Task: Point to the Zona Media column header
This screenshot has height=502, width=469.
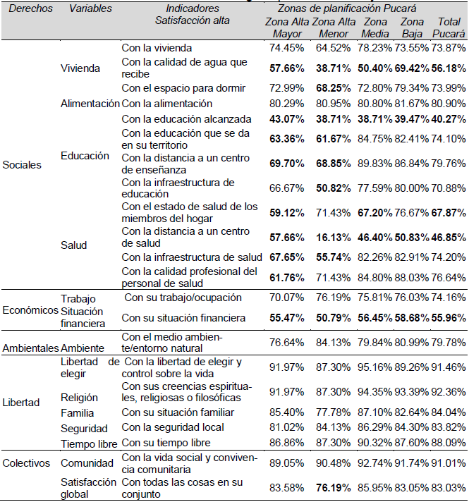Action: coord(374,27)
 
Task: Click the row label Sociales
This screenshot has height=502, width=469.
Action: coord(22,165)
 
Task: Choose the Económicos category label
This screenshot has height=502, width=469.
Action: coord(31,311)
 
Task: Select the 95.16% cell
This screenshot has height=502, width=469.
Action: coord(374,367)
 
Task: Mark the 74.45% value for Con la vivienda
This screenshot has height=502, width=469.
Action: coord(287,48)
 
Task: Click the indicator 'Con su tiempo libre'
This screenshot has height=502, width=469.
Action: coord(166,442)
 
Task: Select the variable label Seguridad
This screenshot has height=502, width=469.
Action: coord(85,427)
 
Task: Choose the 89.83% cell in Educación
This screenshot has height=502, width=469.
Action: coord(374,164)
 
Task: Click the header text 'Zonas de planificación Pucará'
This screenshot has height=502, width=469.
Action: coord(347,8)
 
